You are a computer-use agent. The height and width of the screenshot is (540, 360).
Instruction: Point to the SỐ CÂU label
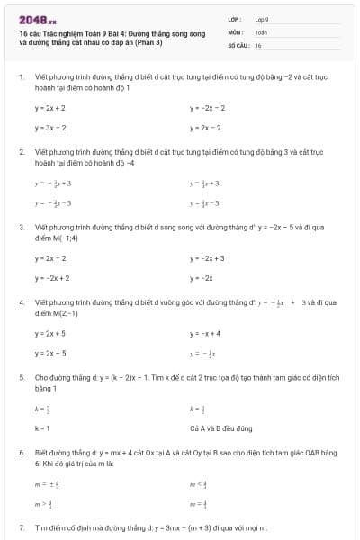coord(238,44)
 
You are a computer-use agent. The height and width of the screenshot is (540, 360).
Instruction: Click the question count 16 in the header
coord(258,44)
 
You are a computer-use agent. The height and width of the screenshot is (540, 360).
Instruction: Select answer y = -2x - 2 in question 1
coord(207,107)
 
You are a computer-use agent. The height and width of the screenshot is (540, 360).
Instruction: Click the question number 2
coord(22,152)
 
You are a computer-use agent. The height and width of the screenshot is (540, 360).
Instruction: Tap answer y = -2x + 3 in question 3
coord(207,258)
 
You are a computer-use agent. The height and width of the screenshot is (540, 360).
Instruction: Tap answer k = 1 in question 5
coord(42,428)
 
